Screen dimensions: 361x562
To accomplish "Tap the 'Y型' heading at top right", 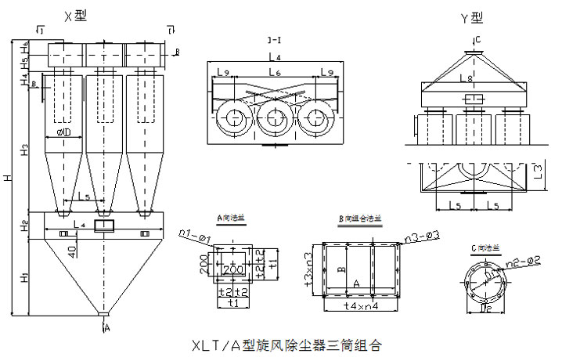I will pos(474,18).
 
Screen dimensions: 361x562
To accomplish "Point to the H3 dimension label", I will pos(25,148).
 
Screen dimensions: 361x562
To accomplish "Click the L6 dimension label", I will pos(274,72).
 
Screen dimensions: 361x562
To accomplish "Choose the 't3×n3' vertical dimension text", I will pos(310,268).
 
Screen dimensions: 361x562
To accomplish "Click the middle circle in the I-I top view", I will pos(274,118).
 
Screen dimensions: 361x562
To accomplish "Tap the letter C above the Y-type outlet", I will pos(477,39).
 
